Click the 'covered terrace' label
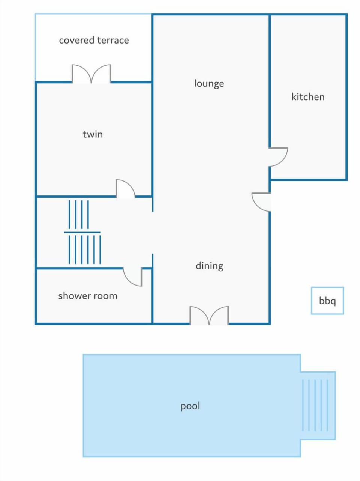(x=94, y=40)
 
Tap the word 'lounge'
(x=209, y=83)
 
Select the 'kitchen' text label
(x=308, y=97)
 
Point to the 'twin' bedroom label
(x=93, y=134)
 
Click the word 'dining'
(x=209, y=266)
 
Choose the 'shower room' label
(x=88, y=296)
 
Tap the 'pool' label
(x=190, y=406)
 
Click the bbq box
(x=327, y=301)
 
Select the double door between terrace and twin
(x=91, y=74)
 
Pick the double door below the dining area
(x=209, y=316)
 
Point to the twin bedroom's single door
(x=125, y=188)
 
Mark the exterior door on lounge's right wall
(x=261, y=202)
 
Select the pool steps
(x=315, y=405)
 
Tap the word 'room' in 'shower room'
(x=106, y=296)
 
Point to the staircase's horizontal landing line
(x=82, y=233)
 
